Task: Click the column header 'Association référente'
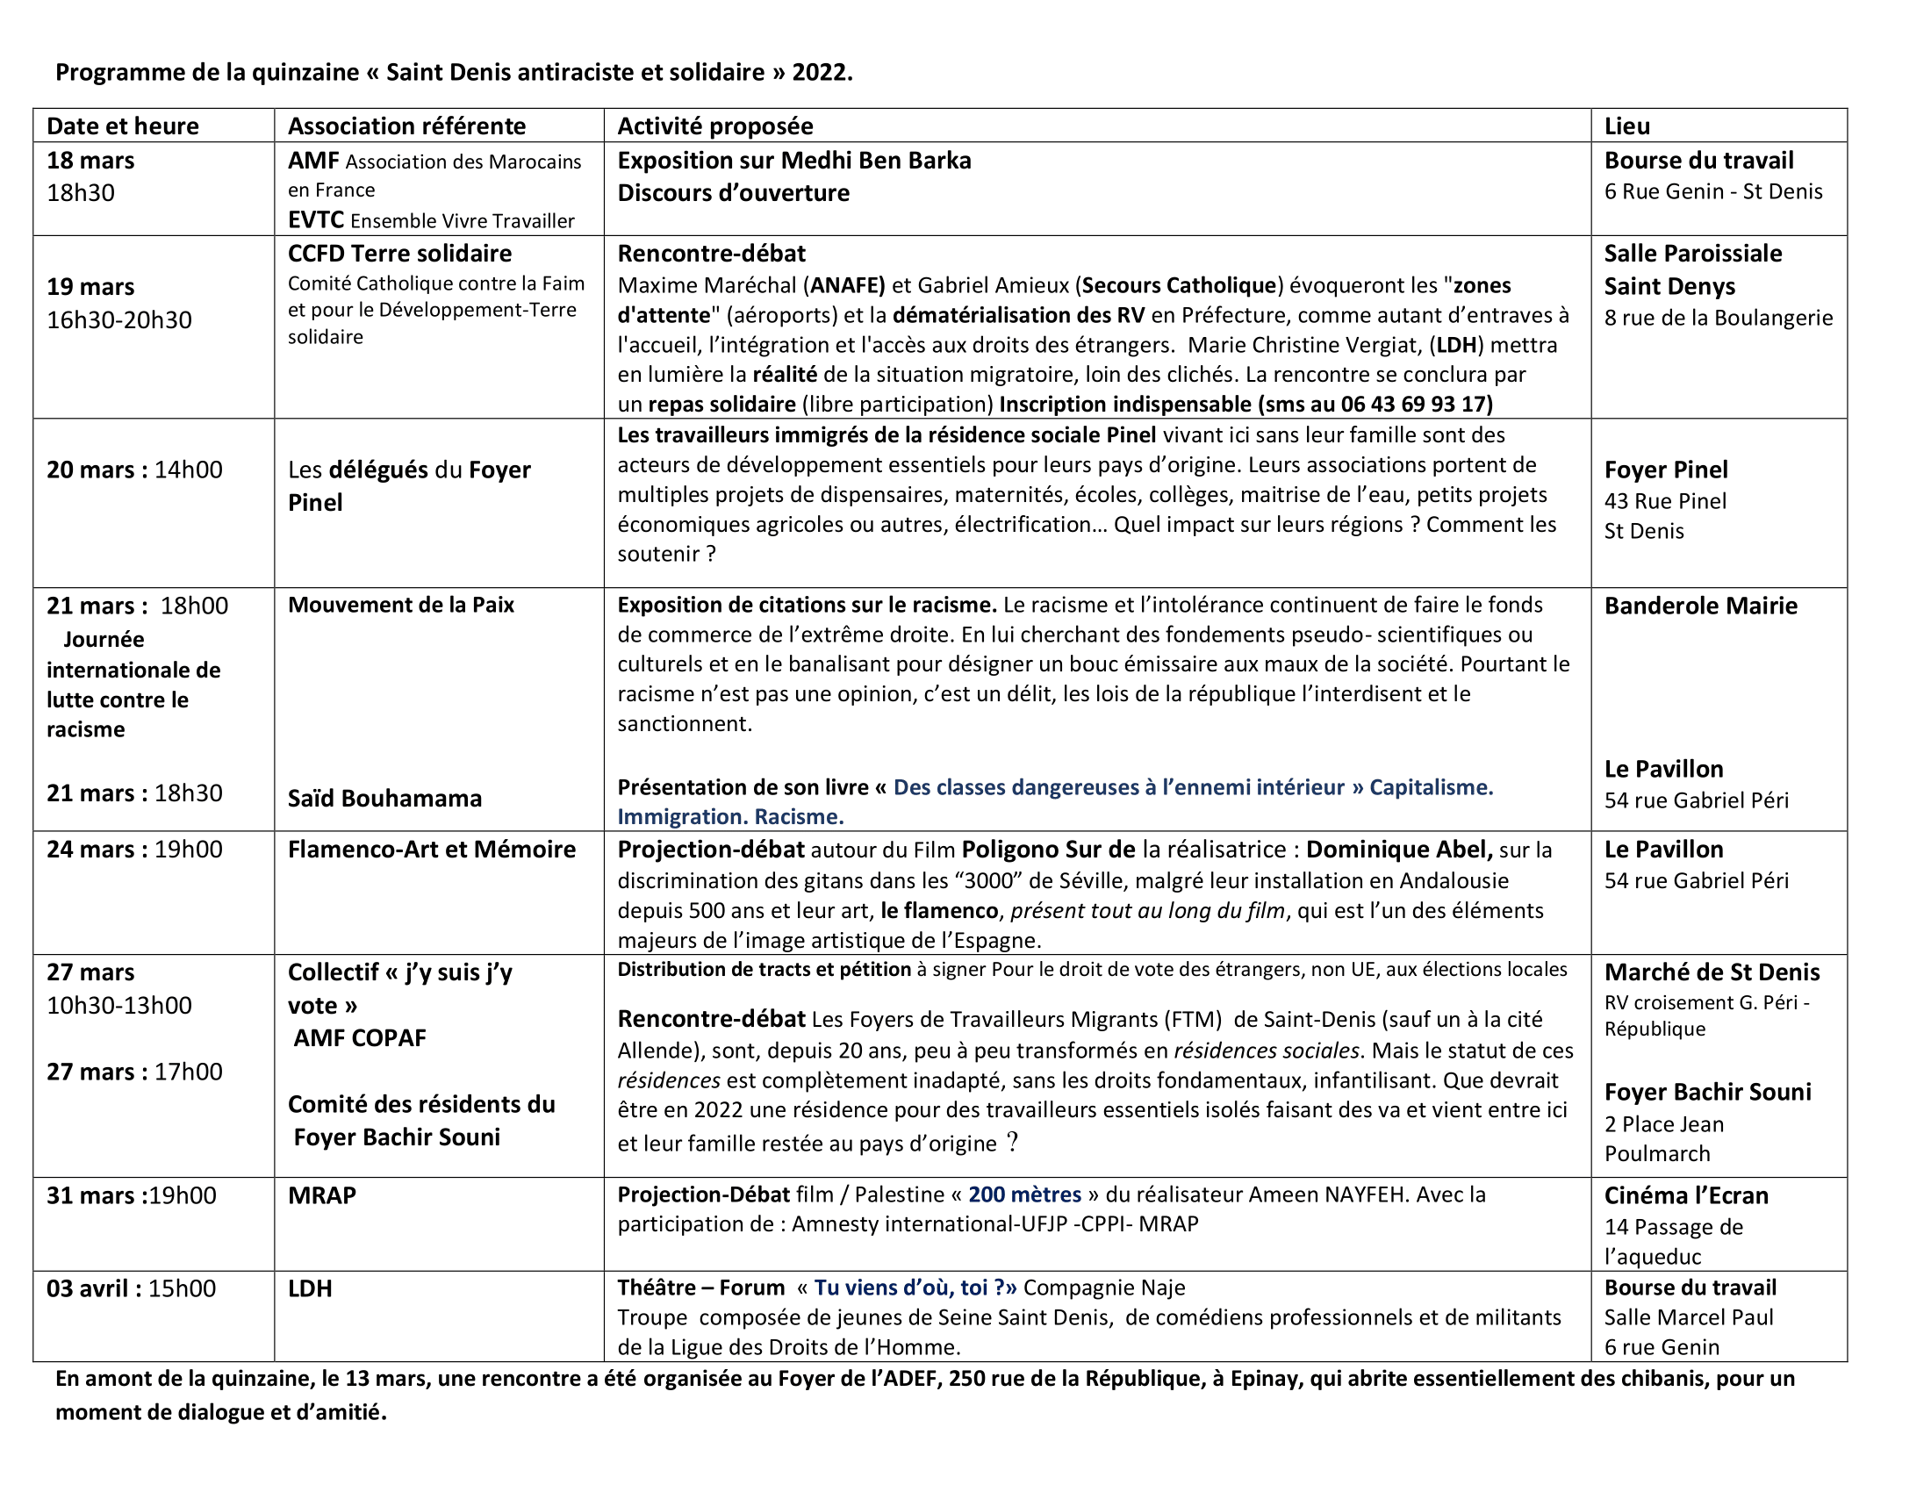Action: pyautogui.click(x=406, y=126)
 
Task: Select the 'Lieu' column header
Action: pyautogui.click(x=1626, y=126)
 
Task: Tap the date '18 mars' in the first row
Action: pyautogui.click(x=90, y=160)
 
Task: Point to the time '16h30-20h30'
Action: pyautogui.click(x=118, y=319)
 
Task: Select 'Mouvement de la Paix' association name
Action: pyautogui.click(x=400, y=605)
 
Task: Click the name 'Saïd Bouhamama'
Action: pyautogui.click(x=384, y=798)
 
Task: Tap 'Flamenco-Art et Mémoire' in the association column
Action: pyautogui.click(x=432, y=850)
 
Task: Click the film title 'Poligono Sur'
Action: pyautogui.click(x=1048, y=850)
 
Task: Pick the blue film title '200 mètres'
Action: pyautogui.click(x=1023, y=1194)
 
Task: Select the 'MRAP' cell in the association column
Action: pyautogui.click(x=322, y=1195)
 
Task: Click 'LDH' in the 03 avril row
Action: pyautogui.click(x=310, y=1288)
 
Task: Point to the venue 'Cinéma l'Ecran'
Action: pyautogui.click(x=1686, y=1195)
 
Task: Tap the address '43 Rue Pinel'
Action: pyautogui.click(x=1665, y=501)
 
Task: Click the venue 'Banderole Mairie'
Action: pyautogui.click(x=1700, y=606)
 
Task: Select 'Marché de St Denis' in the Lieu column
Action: pyautogui.click(x=1712, y=972)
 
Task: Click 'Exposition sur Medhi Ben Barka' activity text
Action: pyautogui.click(x=793, y=160)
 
